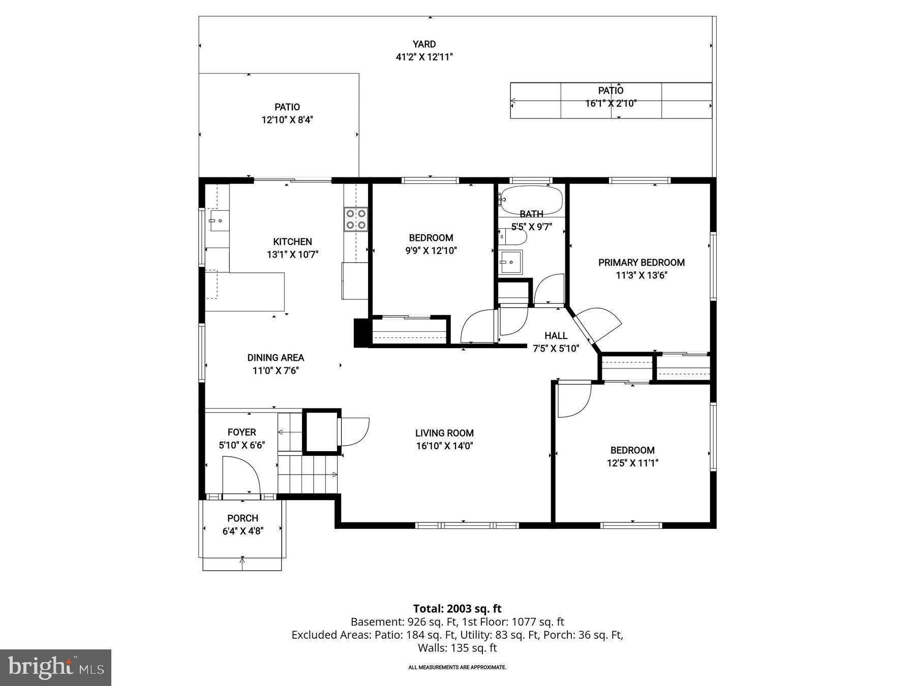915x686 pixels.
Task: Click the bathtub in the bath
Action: (x=531, y=200)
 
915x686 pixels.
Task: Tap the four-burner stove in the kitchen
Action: (x=355, y=220)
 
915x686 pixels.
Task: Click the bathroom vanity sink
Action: (x=510, y=262)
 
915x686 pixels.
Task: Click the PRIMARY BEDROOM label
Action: (x=641, y=262)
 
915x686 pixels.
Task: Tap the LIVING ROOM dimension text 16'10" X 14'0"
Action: (x=444, y=446)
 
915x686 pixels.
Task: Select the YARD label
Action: (x=424, y=44)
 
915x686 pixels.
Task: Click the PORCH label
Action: (x=242, y=518)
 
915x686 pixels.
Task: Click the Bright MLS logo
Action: (x=55, y=667)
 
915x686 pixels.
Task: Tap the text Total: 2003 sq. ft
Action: (x=457, y=608)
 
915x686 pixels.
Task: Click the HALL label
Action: (x=556, y=335)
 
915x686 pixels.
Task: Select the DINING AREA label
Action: (x=276, y=358)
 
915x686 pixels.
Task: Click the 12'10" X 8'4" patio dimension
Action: (x=287, y=120)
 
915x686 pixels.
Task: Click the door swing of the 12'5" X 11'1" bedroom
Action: (x=573, y=400)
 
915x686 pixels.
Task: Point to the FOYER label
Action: (x=241, y=432)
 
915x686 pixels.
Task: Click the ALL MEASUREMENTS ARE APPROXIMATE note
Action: (x=457, y=667)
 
